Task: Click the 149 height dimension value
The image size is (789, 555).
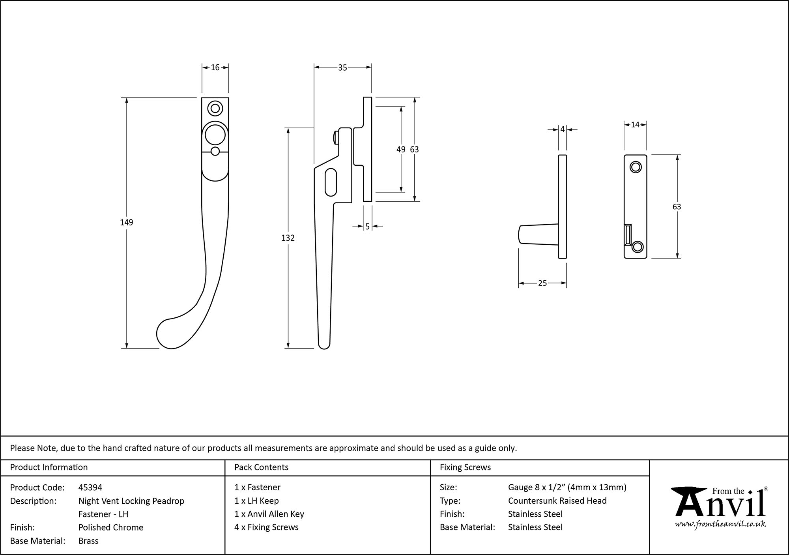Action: (127, 223)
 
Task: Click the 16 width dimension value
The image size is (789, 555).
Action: (215, 67)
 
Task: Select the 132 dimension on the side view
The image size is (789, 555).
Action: (288, 238)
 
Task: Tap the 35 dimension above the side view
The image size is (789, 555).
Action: (342, 68)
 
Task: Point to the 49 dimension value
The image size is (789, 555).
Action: (401, 150)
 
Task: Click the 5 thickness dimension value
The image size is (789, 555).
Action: (367, 227)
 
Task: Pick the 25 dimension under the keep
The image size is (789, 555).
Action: (542, 283)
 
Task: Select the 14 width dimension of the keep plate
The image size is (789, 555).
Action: (635, 125)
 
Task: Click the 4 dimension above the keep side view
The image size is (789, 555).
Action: (563, 129)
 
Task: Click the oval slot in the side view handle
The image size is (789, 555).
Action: (331, 182)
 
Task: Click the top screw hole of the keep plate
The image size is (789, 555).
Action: (635, 167)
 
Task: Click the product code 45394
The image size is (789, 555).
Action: (90, 487)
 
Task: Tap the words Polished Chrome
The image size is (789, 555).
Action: (111, 527)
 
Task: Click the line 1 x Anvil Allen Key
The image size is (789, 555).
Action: (269, 514)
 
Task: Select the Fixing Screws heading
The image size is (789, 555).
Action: (465, 467)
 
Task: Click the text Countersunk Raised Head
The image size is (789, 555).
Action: (557, 501)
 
